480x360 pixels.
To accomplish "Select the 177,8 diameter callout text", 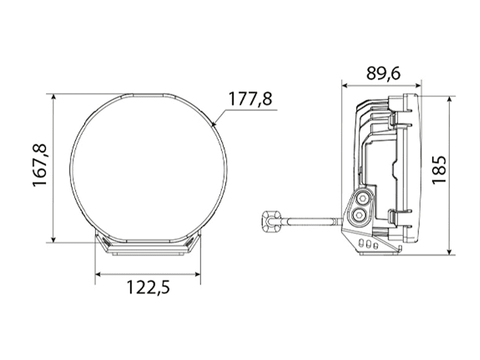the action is coord(250,99).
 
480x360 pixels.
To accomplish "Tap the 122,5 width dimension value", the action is coord(148,287).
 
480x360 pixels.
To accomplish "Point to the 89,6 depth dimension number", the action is coord(383,73).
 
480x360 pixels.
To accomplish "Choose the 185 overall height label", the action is coord(439,169).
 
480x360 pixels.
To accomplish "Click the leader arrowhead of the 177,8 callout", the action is coord(215,123).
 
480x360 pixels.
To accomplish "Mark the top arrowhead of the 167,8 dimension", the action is coord(53,98).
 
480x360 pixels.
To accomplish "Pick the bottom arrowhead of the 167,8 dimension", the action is coord(53,239).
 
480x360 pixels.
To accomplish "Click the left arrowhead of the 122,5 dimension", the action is coord(99,274).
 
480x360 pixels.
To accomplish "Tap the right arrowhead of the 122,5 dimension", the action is coord(197,274).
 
